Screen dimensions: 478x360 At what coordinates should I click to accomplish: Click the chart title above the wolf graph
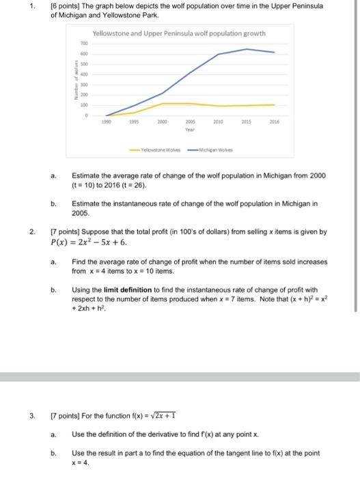[179, 33]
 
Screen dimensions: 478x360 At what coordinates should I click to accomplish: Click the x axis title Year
[191, 128]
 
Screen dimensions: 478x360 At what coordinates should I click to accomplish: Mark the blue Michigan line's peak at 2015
[247, 49]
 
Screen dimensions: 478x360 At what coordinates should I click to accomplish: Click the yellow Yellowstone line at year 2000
[163, 104]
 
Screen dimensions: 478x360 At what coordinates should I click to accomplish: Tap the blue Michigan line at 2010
[219, 54]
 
